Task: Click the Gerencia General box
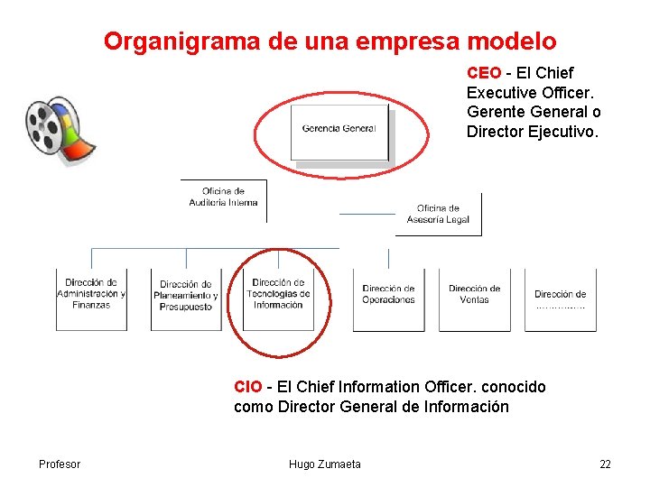point(339,131)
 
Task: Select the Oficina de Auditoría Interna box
point(224,198)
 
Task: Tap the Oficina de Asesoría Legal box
point(438,215)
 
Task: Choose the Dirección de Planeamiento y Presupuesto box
point(185,297)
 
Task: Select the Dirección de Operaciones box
point(388,297)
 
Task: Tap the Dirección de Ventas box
point(474,297)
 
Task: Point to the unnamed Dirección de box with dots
point(560,299)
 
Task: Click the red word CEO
point(483,73)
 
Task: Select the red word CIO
point(247,387)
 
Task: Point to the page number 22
point(605,464)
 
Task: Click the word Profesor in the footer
point(60,464)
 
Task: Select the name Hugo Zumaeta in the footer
point(324,464)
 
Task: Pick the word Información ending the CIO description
point(467,407)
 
